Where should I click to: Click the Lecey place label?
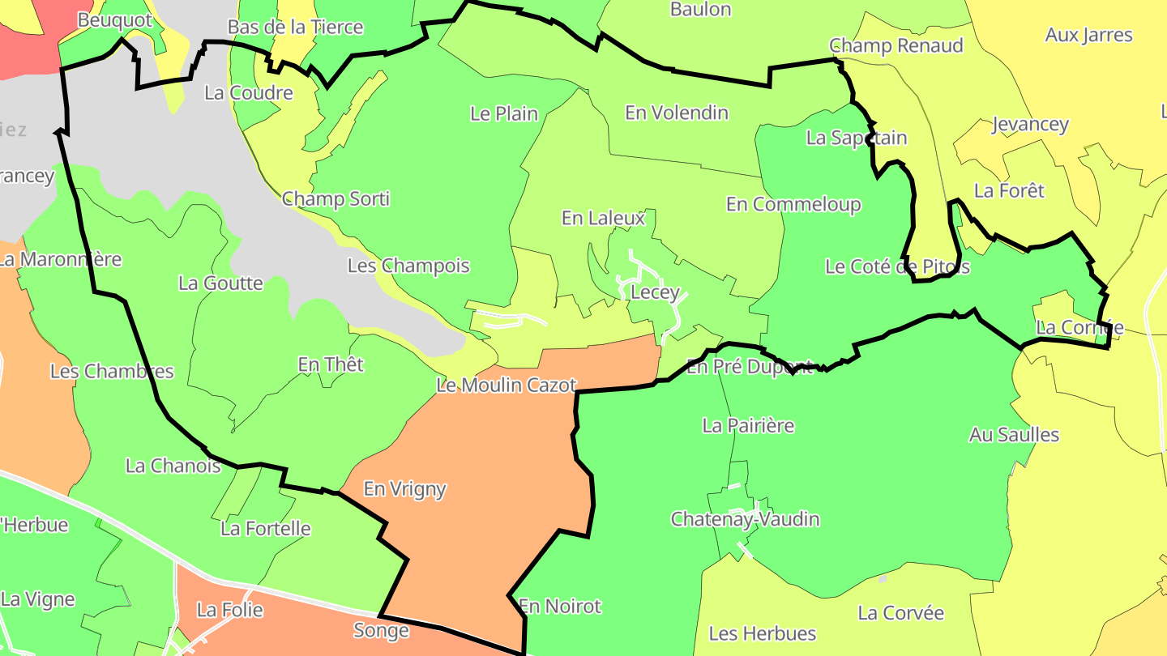[x=654, y=292]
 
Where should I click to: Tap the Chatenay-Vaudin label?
[x=745, y=519]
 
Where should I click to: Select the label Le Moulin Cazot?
[x=507, y=386]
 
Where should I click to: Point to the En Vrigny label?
[x=404, y=489]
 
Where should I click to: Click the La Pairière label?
[x=748, y=425]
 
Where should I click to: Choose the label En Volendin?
[x=677, y=113]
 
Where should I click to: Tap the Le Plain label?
[x=504, y=113]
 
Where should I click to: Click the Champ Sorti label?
[x=336, y=198]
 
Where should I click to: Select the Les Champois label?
[x=408, y=266]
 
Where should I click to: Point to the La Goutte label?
[x=220, y=283]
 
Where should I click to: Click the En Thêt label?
[x=331, y=364]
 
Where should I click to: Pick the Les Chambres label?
[x=112, y=371]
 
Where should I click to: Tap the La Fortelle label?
[x=266, y=529]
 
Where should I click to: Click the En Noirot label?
[x=560, y=606]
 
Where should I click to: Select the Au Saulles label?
[x=1014, y=435]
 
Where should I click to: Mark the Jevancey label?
[x=1030, y=125]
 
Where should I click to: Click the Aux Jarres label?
[x=1088, y=35]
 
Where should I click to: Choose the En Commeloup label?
[x=793, y=204]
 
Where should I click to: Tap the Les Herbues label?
[x=762, y=633]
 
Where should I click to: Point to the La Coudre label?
[x=249, y=92]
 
